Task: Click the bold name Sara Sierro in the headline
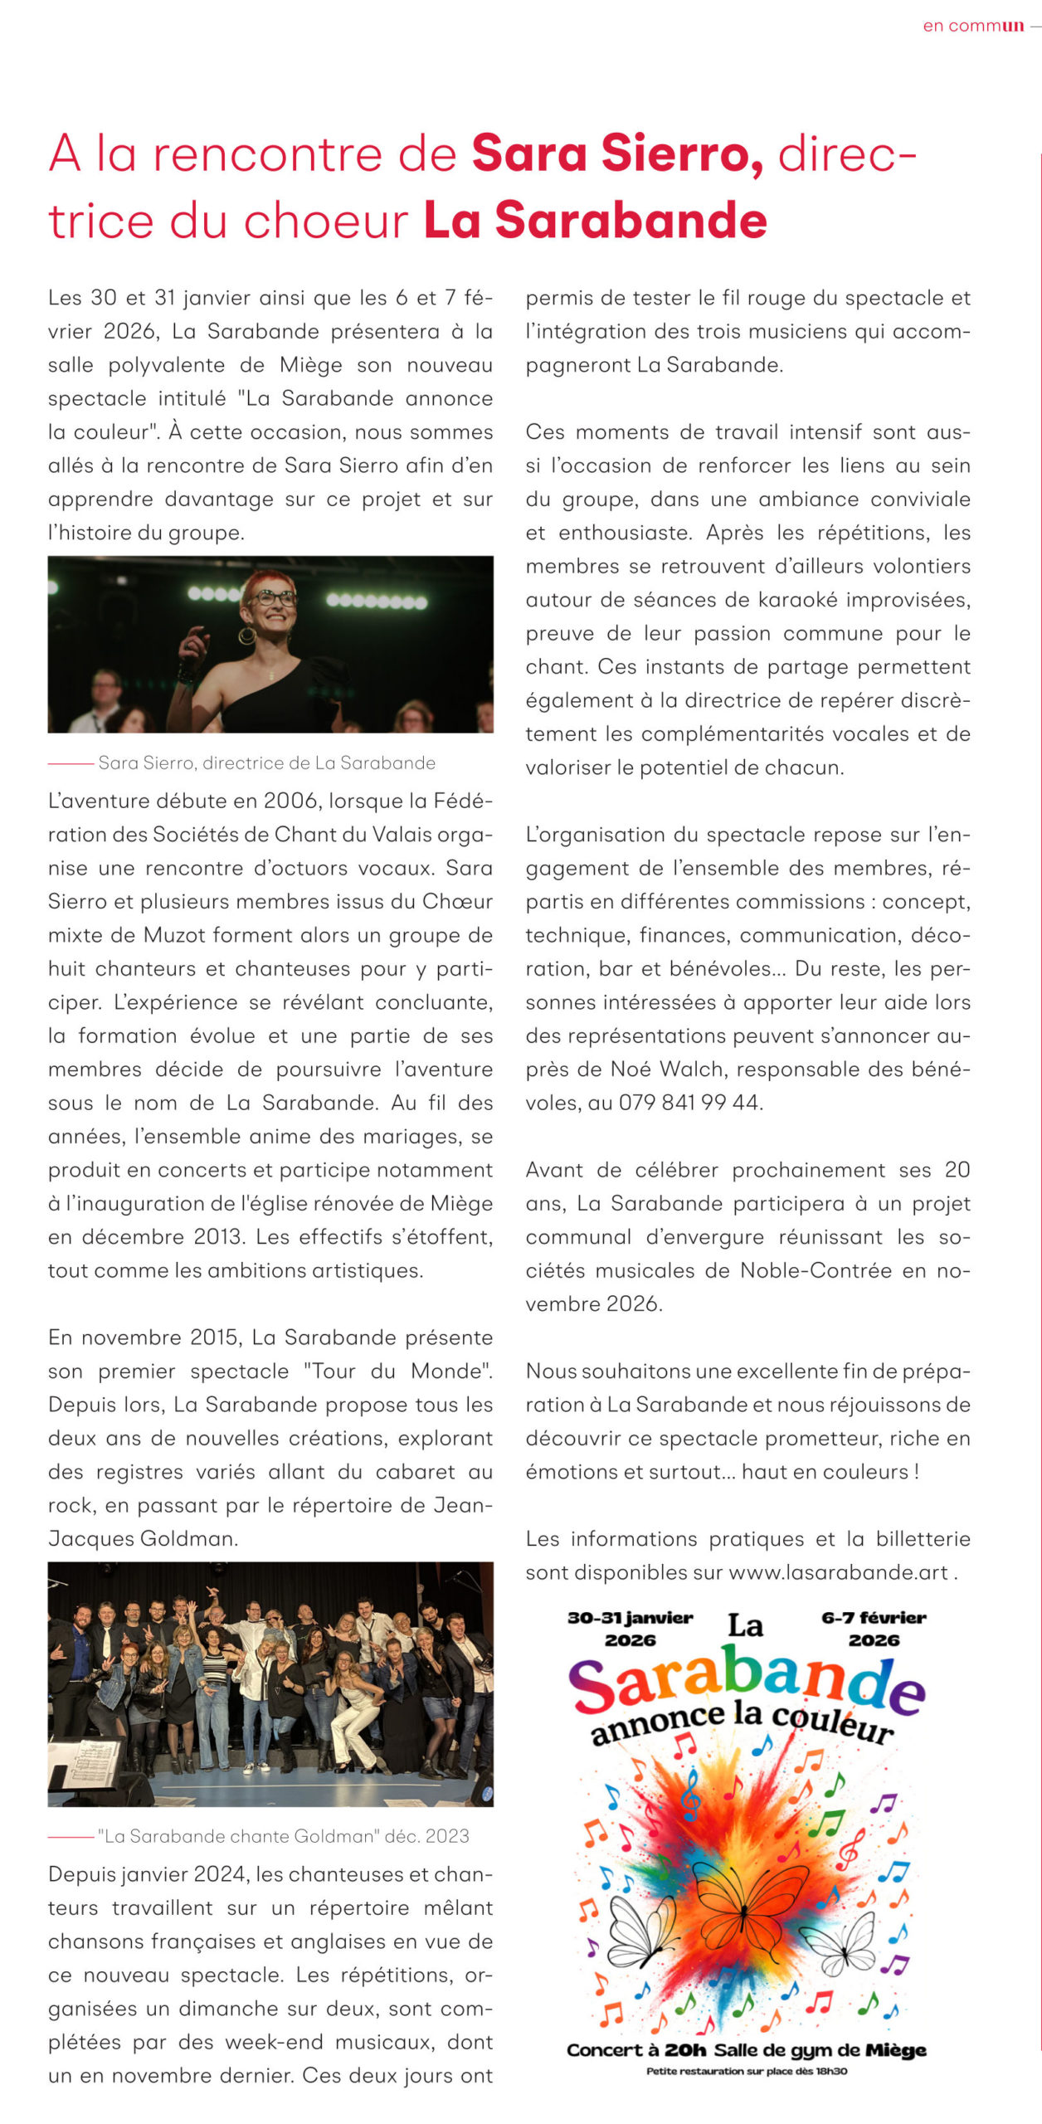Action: coord(617,154)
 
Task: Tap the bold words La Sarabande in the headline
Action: coord(595,221)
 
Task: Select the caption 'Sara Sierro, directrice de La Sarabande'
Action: coord(266,762)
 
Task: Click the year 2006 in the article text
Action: coord(293,801)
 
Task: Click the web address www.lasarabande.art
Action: coord(838,1572)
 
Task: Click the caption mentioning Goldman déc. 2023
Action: coord(283,1836)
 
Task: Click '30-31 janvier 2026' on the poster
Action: coord(630,1629)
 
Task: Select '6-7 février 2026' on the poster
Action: coord(874,1629)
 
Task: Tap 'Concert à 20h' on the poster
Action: coord(635,2049)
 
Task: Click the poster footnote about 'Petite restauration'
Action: coord(747,2071)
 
